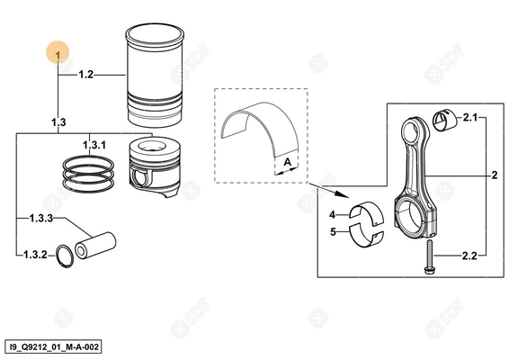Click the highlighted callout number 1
(x=58, y=56)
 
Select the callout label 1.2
(x=86, y=74)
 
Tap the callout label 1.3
(x=58, y=120)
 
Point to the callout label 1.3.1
(x=94, y=145)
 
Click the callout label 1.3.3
(x=39, y=218)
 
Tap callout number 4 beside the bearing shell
(x=332, y=215)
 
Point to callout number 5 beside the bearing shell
(x=332, y=231)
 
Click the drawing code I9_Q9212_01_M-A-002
(x=53, y=345)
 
